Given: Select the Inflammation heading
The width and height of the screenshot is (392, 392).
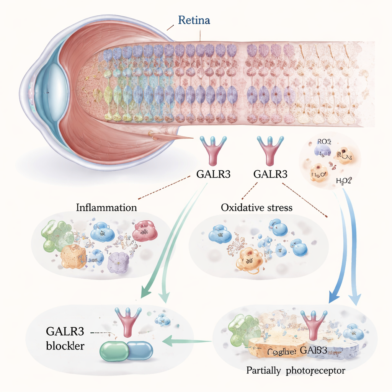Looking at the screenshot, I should pyautogui.click(x=106, y=208).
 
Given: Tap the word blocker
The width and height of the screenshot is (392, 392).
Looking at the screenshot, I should pyautogui.click(x=65, y=346).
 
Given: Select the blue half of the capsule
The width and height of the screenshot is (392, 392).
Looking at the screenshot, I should pyautogui.click(x=139, y=351).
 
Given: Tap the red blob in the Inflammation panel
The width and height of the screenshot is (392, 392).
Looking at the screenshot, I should pyautogui.click(x=145, y=230).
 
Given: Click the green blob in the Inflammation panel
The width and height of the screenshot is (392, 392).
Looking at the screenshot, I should pyautogui.click(x=57, y=236).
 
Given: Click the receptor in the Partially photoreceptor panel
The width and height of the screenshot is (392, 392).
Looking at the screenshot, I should pyautogui.click(x=314, y=323).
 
